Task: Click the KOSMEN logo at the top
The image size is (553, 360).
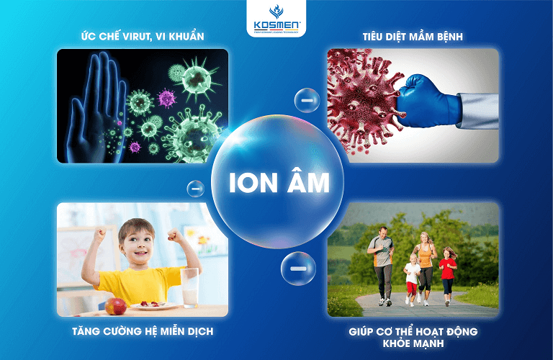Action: pos(276,18)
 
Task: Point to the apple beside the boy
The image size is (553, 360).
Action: pos(115,306)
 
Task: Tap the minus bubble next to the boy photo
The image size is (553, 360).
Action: pos(195,189)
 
